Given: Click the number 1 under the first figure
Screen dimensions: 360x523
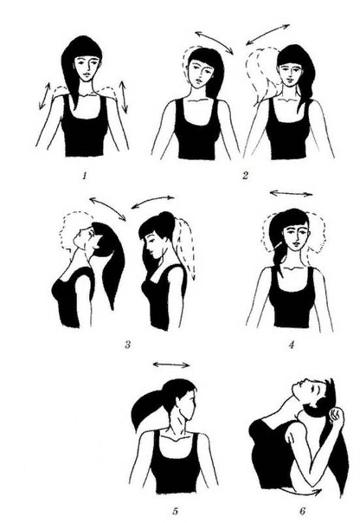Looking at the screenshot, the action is [85, 176].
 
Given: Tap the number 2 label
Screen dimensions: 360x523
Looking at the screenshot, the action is [245, 176].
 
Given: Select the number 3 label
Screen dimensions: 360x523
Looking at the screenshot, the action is [127, 345].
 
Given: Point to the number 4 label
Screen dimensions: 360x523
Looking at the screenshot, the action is [292, 345].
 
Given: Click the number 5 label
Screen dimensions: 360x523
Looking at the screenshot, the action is [176, 511].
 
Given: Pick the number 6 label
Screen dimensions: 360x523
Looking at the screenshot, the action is [302, 511].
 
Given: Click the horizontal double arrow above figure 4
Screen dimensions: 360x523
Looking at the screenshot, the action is [292, 193].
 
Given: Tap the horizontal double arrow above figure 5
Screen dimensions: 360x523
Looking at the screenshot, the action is [171, 365].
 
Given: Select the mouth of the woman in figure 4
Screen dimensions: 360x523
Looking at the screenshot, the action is [295, 244].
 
